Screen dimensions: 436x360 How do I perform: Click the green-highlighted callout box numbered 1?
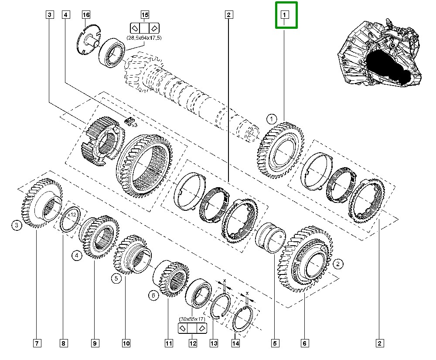(x=284, y=14)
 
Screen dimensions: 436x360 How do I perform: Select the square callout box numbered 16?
(x=86, y=14)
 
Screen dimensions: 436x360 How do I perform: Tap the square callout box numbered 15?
(x=145, y=14)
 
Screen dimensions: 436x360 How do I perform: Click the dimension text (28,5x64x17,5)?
(x=144, y=38)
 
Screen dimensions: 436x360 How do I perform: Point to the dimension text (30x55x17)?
(x=192, y=319)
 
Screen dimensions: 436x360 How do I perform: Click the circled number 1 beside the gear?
(x=271, y=119)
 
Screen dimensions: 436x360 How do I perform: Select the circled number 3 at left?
(x=17, y=225)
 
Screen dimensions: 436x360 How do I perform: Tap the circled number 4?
(x=77, y=255)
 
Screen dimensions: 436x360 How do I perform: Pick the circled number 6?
(x=153, y=295)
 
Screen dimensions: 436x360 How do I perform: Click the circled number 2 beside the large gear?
(x=338, y=264)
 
